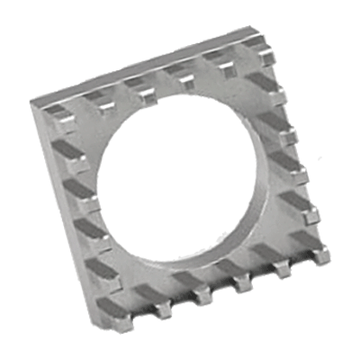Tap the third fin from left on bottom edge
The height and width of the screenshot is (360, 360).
pyautogui.click(x=200, y=291)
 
